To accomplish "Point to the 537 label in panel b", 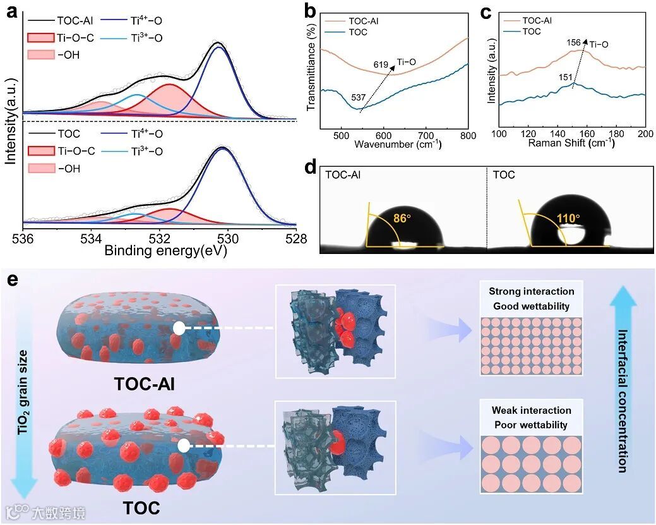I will pos(359,98).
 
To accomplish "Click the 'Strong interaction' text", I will pos(531,291).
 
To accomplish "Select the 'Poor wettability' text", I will pos(531,425).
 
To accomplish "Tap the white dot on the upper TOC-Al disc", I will pos(179,329).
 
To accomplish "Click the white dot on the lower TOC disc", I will pos(183,445).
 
